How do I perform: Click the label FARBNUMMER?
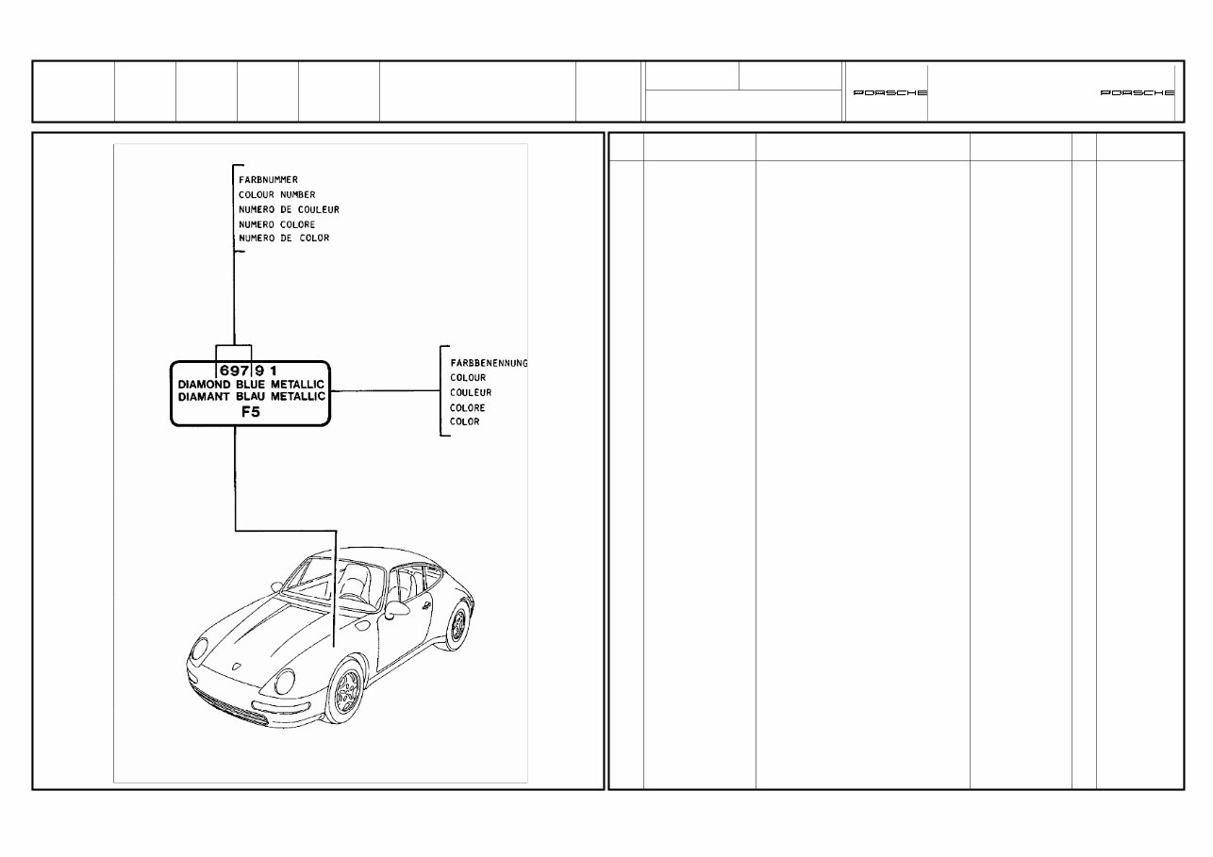coord(269,179)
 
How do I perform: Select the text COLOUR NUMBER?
coord(276,194)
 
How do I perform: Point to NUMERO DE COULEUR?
coord(289,209)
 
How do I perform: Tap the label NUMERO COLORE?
coord(276,224)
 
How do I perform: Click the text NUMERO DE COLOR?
coord(284,239)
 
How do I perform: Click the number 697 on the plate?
coord(233,371)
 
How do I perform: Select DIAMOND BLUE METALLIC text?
coord(251,385)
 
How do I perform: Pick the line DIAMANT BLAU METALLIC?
coord(251,397)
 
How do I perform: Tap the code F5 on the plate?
coord(249,412)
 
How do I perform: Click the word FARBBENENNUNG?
coord(489,363)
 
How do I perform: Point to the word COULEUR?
coord(471,392)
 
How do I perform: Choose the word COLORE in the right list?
coord(468,407)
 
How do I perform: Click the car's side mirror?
coord(394,611)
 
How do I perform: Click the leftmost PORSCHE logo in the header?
coord(889,93)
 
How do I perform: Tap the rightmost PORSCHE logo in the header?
coord(1138,93)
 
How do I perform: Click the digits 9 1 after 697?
coord(264,371)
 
